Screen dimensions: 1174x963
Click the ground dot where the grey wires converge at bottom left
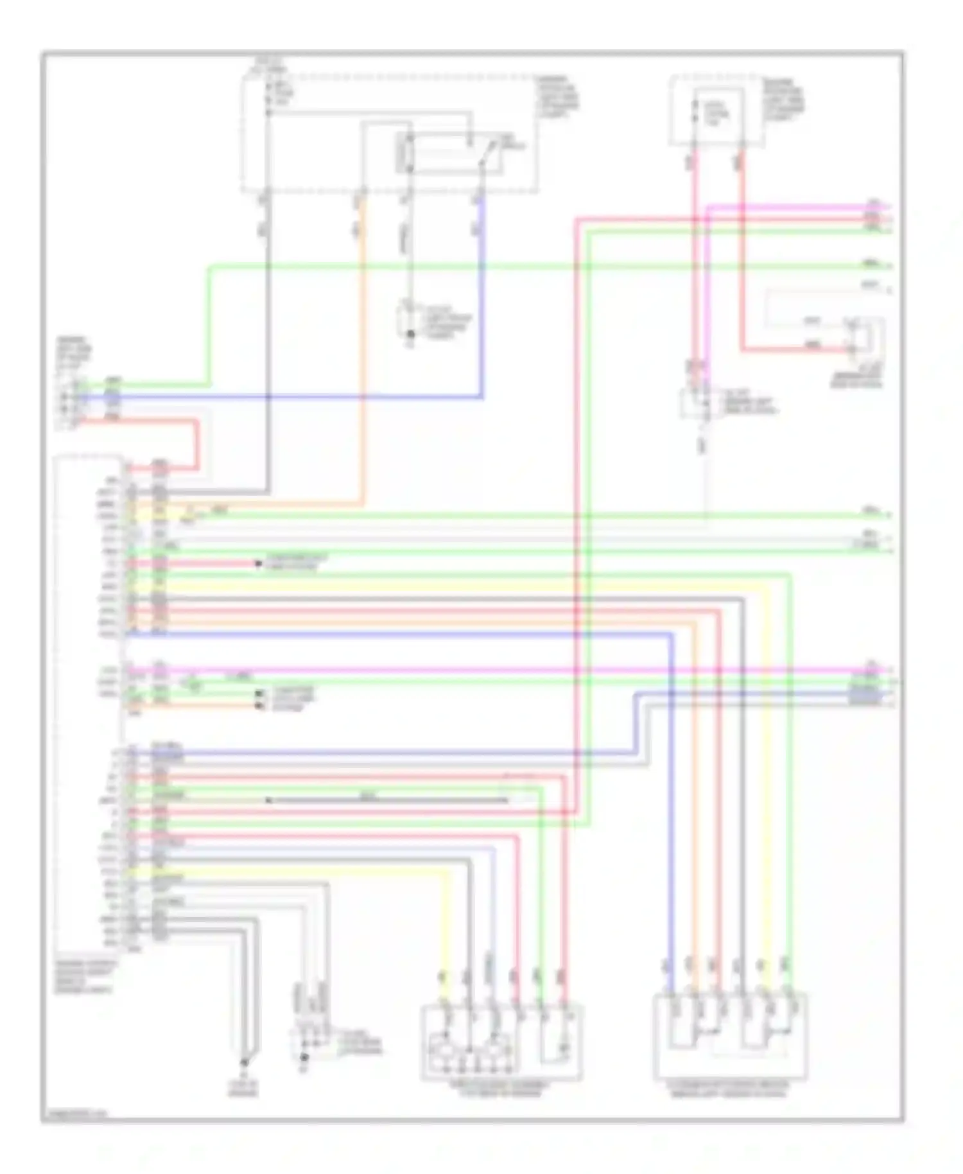pos(244,1063)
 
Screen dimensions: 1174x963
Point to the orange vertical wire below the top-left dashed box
pos(363,353)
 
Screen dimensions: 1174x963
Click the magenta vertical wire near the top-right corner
pos(707,289)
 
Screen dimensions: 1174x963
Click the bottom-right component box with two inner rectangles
pos(730,1034)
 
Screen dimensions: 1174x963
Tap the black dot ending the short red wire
pos(259,564)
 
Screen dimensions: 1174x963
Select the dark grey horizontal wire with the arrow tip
pos(385,800)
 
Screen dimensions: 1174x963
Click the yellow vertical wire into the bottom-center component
pos(447,918)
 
